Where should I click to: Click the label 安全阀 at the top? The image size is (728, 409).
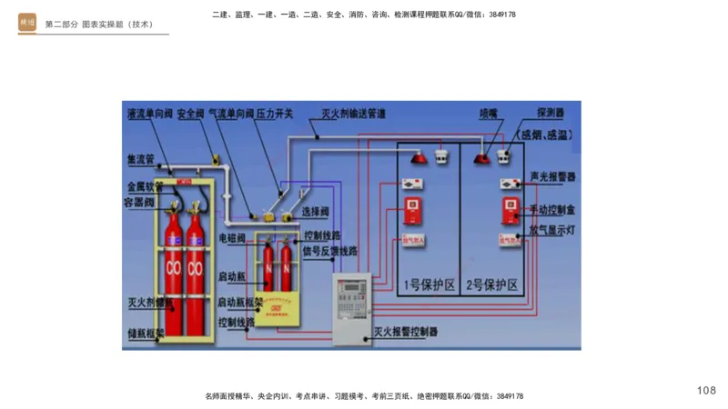point(191,115)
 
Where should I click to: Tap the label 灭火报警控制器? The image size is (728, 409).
point(405,333)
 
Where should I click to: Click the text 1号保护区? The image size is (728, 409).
point(426,285)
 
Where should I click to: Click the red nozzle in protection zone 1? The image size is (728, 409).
point(420,160)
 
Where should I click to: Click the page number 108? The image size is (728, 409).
point(706,390)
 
